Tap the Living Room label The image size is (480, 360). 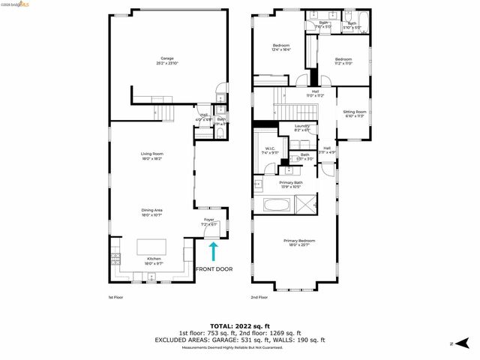151,157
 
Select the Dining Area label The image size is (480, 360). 151,212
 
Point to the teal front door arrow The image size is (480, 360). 213,252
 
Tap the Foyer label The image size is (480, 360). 209,221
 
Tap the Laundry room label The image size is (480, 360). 301,128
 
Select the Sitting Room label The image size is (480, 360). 353,114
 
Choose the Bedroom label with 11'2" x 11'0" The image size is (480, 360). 343,61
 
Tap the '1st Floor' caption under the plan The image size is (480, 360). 115,298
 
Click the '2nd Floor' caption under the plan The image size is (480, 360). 259,298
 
